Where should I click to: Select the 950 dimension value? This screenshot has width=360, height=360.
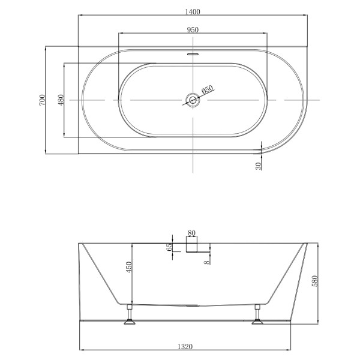point(192,29)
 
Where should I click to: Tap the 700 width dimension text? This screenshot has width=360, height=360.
point(42,100)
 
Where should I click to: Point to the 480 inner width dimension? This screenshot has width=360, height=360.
point(61,100)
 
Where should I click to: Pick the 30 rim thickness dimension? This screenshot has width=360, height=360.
point(259,165)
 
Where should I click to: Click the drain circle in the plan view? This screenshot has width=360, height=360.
point(193,100)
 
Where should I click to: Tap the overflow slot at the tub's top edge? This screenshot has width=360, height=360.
point(193,53)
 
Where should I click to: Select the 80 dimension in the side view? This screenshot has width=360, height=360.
point(192,233)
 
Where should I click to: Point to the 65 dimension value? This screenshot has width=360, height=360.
point(170,246)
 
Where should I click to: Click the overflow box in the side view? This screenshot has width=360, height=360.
point(192,245)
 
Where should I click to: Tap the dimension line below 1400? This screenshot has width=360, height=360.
point(192,16)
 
